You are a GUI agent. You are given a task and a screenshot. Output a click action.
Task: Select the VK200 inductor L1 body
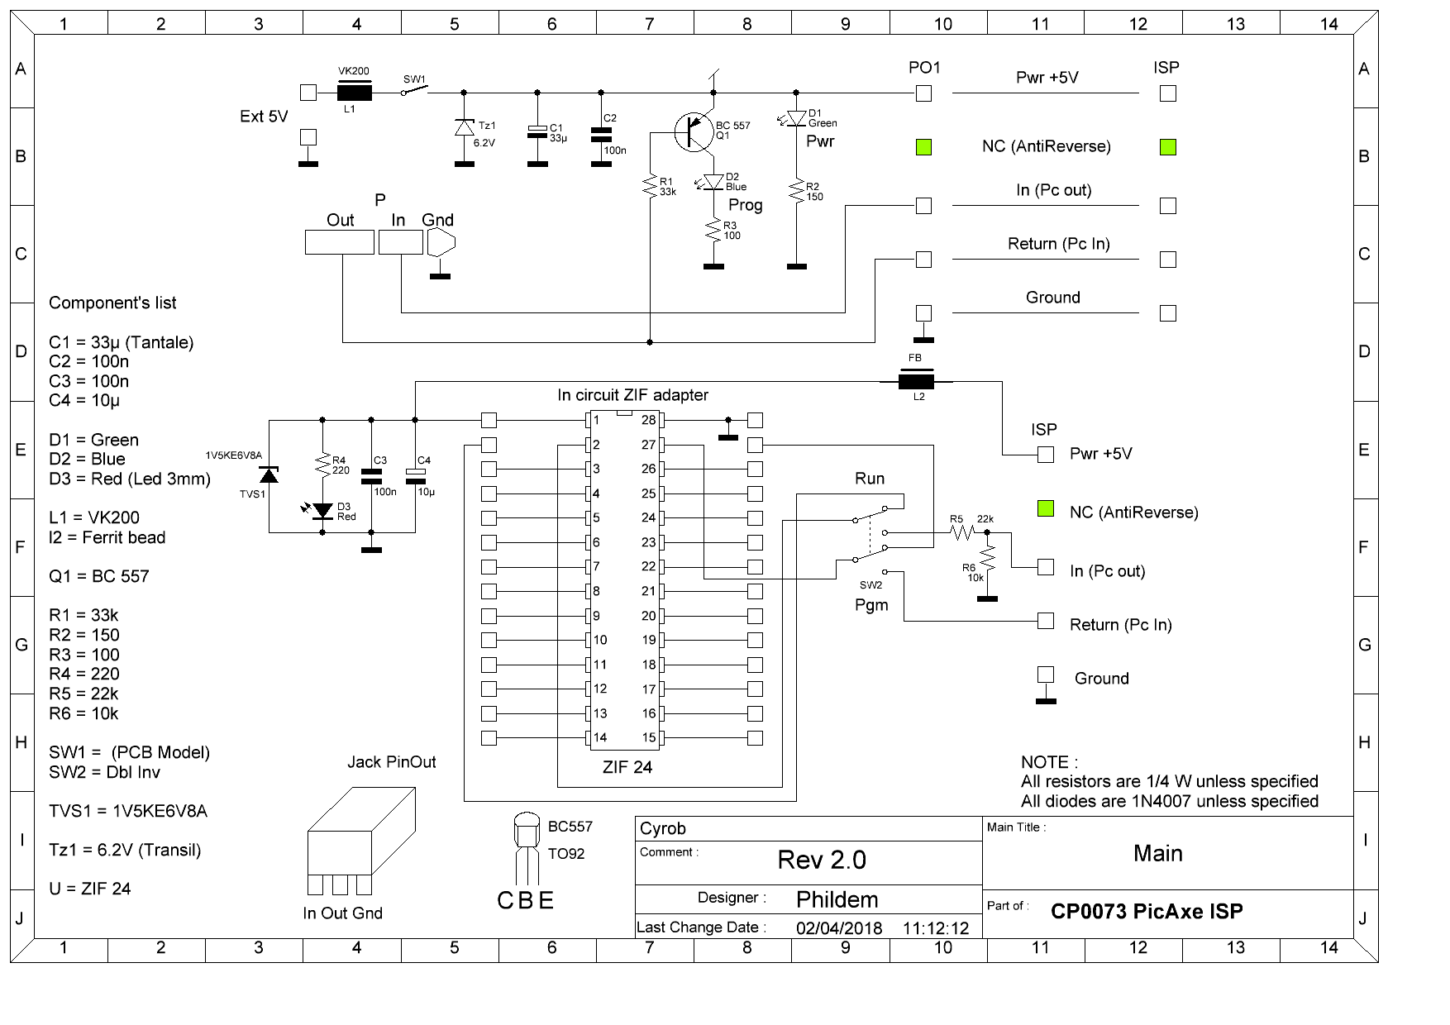tap(355, 93)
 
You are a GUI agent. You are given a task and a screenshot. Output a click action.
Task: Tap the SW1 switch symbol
tap(413, 92)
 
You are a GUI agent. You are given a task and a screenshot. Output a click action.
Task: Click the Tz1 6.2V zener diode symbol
tap(464, 127)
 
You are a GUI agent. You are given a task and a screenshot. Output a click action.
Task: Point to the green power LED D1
tap(795, 118)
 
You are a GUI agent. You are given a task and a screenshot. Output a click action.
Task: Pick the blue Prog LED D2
tap(713, 182)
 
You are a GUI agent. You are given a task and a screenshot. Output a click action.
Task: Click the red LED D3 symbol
tap(322, 510)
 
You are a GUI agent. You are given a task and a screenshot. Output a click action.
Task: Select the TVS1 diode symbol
tap(269, 474)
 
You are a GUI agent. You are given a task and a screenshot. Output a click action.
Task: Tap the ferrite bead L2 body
tap(916, 381)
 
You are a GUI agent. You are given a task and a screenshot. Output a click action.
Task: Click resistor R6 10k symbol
tap(986, 562)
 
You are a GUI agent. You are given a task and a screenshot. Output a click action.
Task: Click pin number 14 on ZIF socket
tap(600, 737)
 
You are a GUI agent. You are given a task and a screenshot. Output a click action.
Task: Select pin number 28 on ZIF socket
tap(648, 421)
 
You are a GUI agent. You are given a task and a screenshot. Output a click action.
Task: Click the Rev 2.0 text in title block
tap(822, 860)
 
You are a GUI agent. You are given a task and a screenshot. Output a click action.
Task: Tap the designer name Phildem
tap(837, 899)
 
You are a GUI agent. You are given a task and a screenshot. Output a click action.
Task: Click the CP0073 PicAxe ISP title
tap(1147, 911)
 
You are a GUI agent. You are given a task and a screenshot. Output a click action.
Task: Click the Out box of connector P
tap(339, 241)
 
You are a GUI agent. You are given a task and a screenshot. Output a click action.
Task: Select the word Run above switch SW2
tap(870, 479)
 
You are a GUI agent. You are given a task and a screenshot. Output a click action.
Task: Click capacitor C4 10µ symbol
tap(414, 475)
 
